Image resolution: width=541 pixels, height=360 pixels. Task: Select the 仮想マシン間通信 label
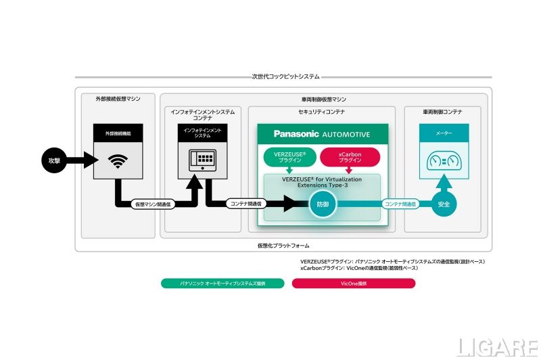[152, 203]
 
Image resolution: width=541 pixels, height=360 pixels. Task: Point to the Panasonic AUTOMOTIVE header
[322, 134]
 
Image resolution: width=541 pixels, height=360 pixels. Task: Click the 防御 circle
[322, 203]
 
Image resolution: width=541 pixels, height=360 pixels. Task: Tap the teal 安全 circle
[443, 203]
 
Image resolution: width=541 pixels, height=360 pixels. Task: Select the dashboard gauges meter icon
[443, 162]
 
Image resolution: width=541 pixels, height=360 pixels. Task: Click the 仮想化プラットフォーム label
[283, 245]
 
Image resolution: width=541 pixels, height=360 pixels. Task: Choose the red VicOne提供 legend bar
[353, 284]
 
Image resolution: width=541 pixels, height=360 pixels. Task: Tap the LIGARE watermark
[496, 346]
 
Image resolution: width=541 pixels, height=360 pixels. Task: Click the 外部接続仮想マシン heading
[118, 99]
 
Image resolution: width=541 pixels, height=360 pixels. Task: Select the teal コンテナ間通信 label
[400, 203]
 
